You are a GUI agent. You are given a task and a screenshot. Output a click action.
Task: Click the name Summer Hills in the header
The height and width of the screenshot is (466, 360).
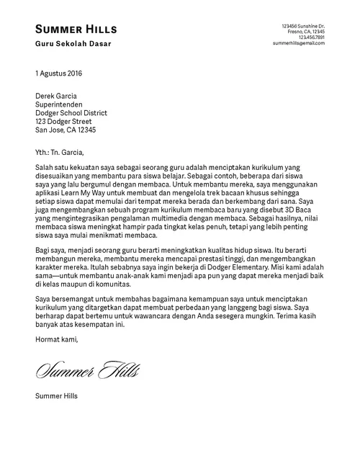pos(76,29)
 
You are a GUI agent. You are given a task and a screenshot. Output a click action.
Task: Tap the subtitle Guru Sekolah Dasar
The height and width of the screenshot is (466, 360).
pos(73,45)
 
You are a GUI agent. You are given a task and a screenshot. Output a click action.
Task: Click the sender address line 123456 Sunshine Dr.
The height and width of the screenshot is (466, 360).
pos(303,26)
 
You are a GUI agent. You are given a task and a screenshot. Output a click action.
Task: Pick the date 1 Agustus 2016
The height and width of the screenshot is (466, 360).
pos(59,73)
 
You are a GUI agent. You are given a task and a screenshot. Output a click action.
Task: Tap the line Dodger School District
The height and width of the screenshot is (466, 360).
pos(71,112)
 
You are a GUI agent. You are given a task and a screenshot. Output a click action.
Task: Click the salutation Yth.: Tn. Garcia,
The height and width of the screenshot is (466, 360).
pos(59,152)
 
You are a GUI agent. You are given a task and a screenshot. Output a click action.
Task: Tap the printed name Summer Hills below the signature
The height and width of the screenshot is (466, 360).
pos(56,395)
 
